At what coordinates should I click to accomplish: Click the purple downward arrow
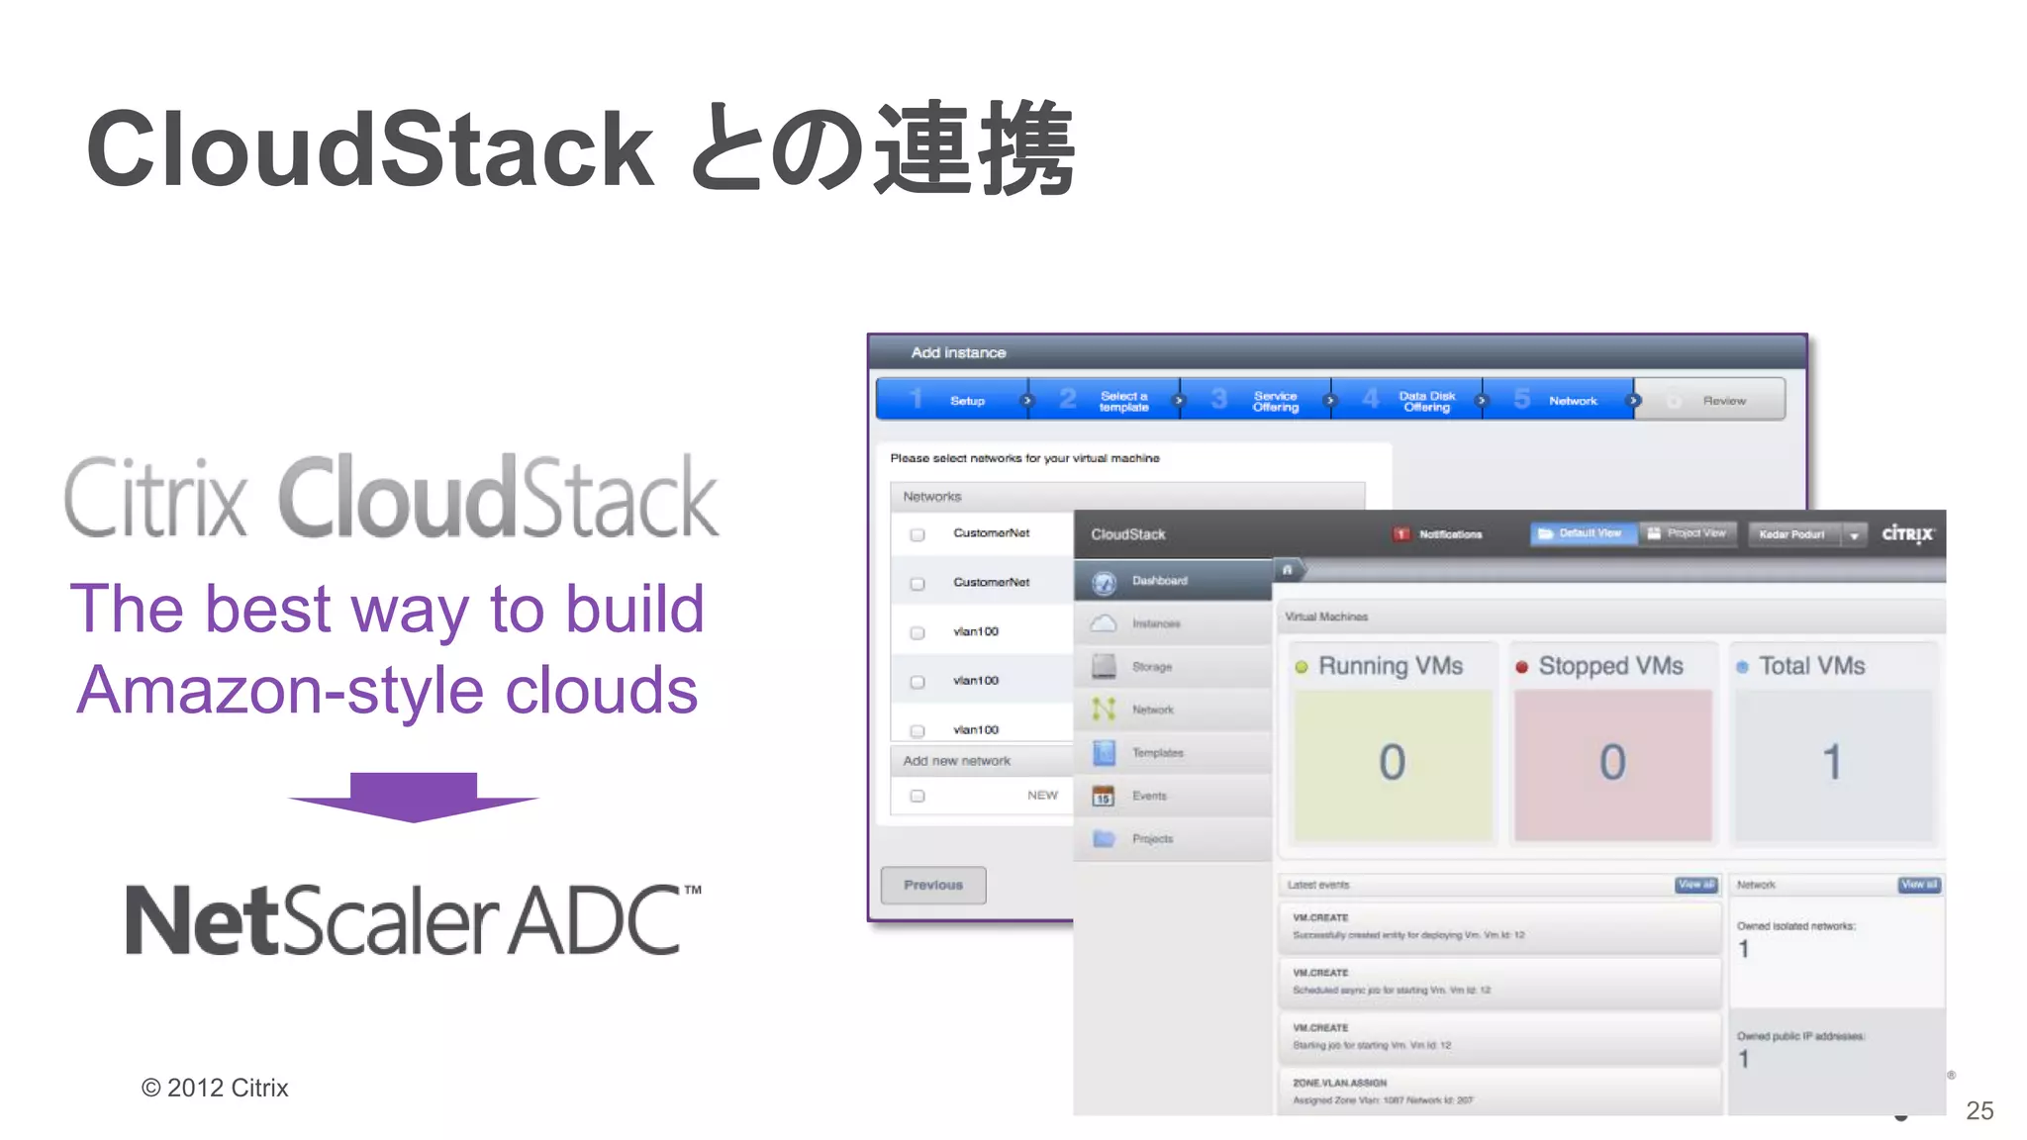(x=414, y=797)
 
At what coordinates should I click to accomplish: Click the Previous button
(x=933, y=885)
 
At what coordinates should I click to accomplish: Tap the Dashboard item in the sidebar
(x=1159, y=581)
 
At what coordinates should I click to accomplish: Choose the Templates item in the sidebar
(x=1157, y=753)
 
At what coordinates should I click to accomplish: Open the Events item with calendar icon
(x=1148, y=796)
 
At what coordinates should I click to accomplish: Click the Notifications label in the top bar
(x=1450, y=534)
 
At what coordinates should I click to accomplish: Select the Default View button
(x=1583, y=533)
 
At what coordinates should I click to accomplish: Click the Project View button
(x=1689, y=533)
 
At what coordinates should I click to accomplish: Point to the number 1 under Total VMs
(x=1832, y=762)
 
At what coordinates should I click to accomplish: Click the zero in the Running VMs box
(x=1392, y=762)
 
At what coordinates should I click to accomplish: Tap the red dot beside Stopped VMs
(x=1521, y=667)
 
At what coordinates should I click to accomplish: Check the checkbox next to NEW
(x=917, y=796)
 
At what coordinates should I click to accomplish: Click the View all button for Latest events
(x=1695, y=885)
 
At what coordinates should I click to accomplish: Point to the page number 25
(x=1979, y=1110)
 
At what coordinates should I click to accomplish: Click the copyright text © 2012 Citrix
(x=215, y=1088)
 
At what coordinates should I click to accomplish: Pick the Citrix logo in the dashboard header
(x=1906, y=534)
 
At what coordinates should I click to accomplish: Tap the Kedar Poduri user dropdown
(x=1806, y=534)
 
